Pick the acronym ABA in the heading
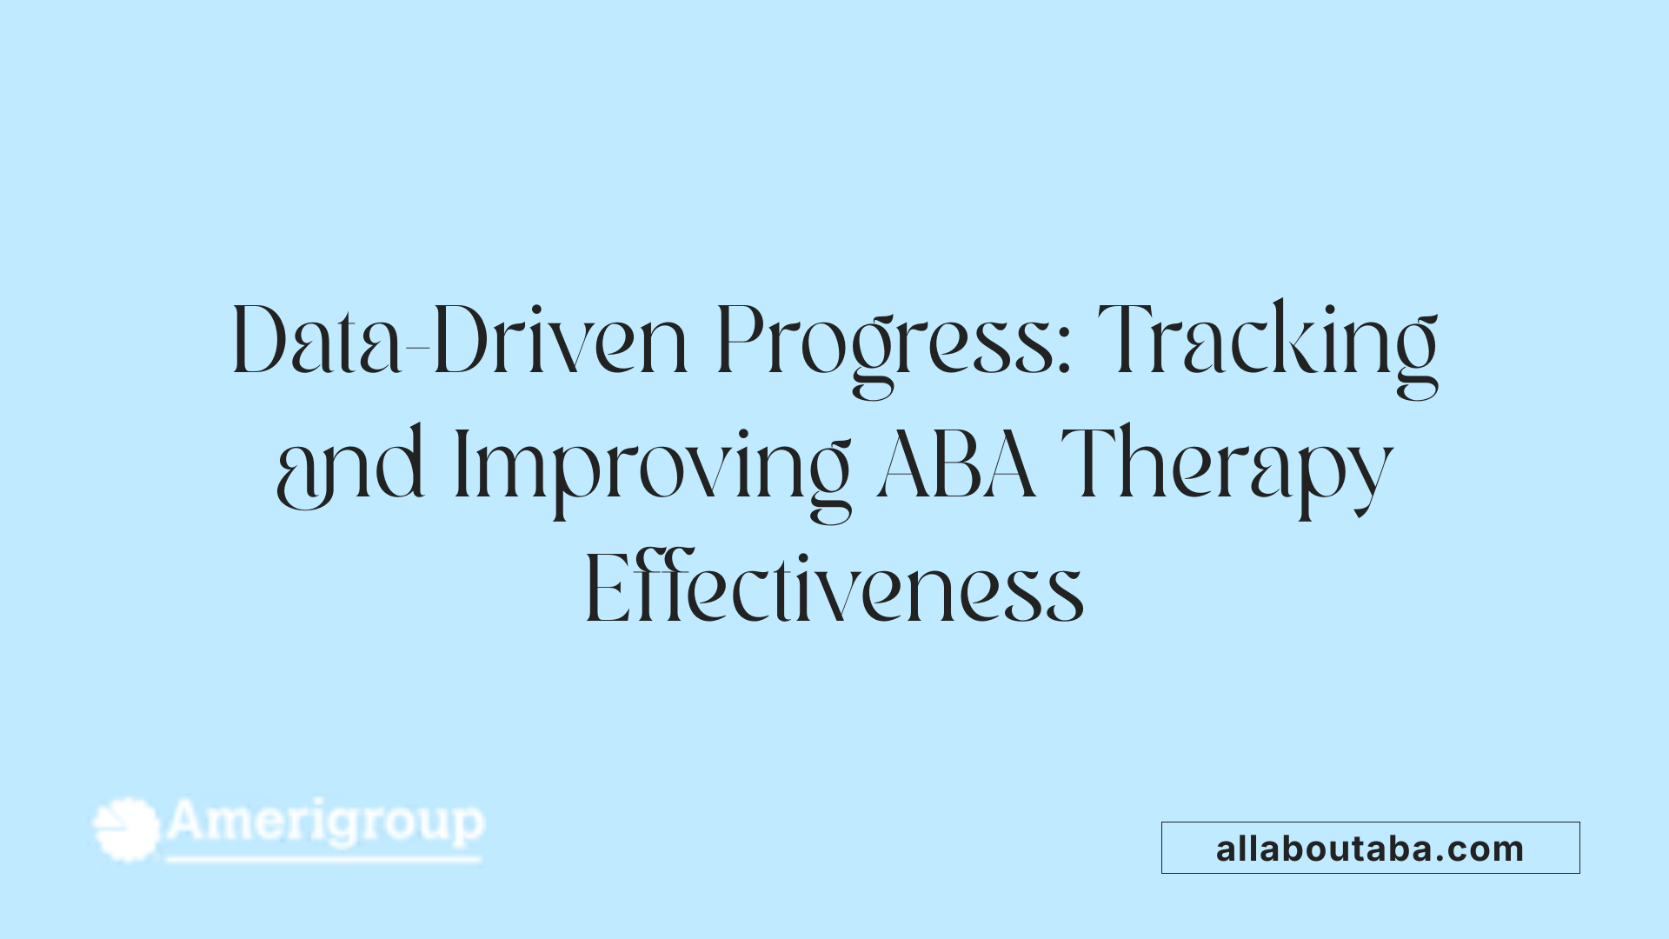(956, 465)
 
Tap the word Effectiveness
(834, 589)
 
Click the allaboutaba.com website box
(1370, 848)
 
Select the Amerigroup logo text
(325, 822)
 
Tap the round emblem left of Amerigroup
(127, 829)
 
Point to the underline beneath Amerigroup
(323, 859)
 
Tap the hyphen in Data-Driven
(418, 350)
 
